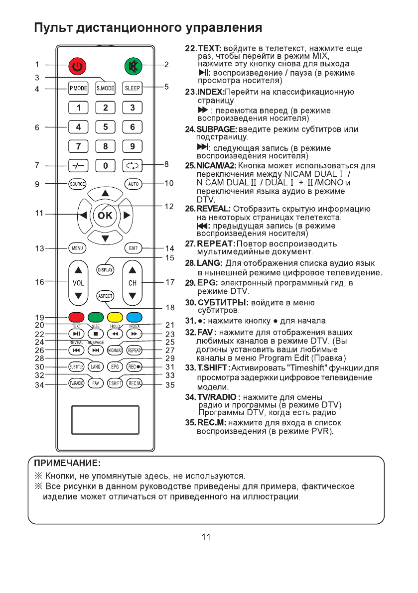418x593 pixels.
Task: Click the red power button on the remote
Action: pyautogui.click(x=77, y=65)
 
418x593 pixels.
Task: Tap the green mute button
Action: pyautogui.click(x=133, y=65)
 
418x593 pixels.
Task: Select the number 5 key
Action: pyautogui.click(x=105, y=127)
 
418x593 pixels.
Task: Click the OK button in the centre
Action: pyautogui.click(x=105, y=216)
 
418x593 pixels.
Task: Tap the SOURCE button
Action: pyautogui.click(x=77, y=184)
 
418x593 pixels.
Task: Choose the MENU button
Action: pyautogui.click(x=77, y=247)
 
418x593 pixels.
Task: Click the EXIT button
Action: pyautogui.click(x=133, y=247)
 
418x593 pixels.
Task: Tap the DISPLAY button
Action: pyautogui.click(x=105, y=269)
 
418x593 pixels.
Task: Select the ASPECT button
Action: pyautogui.click(x=105, y=296)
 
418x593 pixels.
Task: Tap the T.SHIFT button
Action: pyautogui.click(x=115, y=383)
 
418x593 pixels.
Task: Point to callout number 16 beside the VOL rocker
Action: pyautogui.click(x=39, y=282)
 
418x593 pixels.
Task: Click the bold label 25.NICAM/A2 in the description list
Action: pyautogui.click(x=211, y=165)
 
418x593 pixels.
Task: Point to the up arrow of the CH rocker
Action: pyautogui.click(x=133, y=270)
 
